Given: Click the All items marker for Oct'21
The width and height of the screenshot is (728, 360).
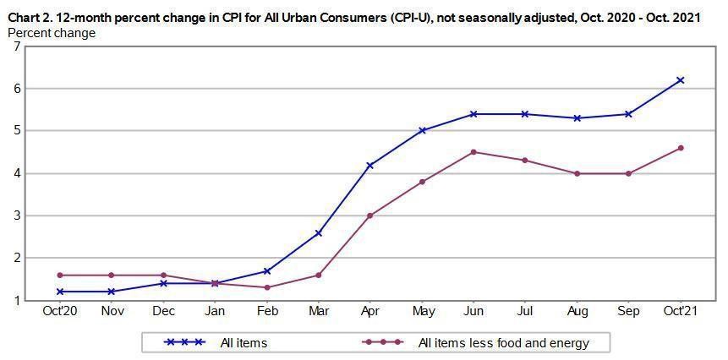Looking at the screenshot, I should (680, 80).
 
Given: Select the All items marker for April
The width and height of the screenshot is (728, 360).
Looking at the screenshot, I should (369, 165).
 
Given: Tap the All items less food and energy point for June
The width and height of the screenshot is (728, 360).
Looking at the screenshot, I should (473, 152).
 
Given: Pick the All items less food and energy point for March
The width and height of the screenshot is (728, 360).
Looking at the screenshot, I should (318, 275).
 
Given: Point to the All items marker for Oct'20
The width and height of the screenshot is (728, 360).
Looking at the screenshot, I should (59, 292).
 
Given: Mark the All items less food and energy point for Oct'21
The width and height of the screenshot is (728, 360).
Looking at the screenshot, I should (680, 148).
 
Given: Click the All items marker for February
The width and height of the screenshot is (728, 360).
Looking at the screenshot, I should (266, 270).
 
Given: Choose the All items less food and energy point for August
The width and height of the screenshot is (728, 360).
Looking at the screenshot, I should (577, 173).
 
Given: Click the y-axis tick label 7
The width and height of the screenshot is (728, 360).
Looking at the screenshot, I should (16, 46).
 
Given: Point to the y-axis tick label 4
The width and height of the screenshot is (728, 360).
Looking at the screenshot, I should (16, 173).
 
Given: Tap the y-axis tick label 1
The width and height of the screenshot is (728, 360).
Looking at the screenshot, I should (16, 300).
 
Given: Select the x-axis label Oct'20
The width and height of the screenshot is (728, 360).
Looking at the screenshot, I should (59, 312).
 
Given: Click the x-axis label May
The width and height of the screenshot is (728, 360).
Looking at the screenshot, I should (422, 312).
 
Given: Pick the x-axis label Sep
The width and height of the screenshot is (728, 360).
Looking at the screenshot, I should (628, 312).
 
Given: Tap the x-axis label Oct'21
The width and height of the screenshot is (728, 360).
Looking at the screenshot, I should (680, 312).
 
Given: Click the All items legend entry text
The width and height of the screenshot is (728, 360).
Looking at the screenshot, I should (244, 343).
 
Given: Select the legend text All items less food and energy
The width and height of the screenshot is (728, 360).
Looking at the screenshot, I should (503, 343).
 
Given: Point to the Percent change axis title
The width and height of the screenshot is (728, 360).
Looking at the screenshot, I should (51, 33).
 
